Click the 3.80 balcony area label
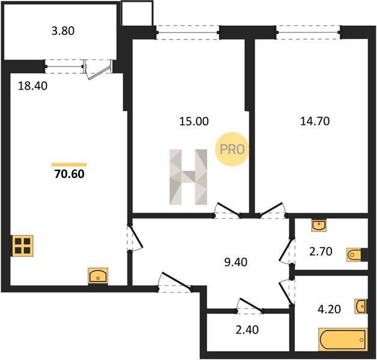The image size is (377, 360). tap(63, 31)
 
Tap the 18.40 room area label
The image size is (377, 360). tap(32, 86)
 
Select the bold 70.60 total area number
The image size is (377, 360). tap(70, 174)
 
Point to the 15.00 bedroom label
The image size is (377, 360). tap(194, 121)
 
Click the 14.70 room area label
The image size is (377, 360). tap(315, 121)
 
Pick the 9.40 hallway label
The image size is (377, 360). tap(235, 262)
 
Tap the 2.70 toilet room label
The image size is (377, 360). tap(321, 251)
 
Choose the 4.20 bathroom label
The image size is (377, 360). tap(329, 309)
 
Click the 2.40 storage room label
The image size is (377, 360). tap(247, 330)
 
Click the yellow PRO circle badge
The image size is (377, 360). tap(232, 149)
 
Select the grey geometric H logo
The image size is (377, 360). tap(188, 177)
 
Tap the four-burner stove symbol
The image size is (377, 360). tap(23, 245)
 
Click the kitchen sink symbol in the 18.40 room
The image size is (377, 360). tap(98, 276)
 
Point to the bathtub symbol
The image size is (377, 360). tap(343, 340)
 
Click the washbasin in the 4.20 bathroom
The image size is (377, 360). tap(361, 306)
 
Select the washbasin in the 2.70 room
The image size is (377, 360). tap(319, 225)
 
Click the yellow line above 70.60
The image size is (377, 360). tap(69, 164)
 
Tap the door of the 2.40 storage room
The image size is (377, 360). tap(249, 307)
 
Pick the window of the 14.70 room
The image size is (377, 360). tap(308, 32)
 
